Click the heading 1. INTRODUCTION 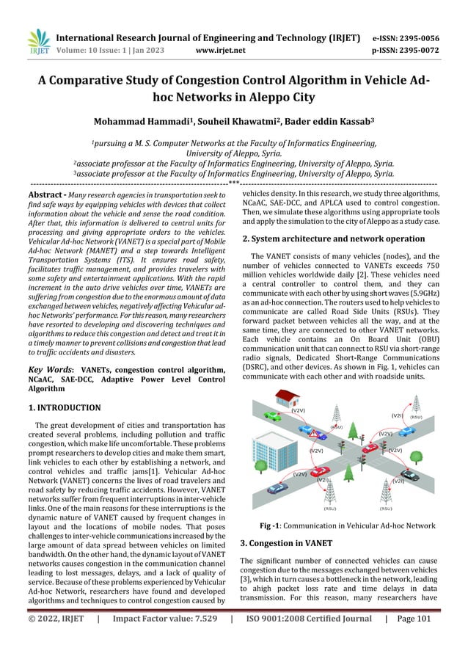[64, 407]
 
